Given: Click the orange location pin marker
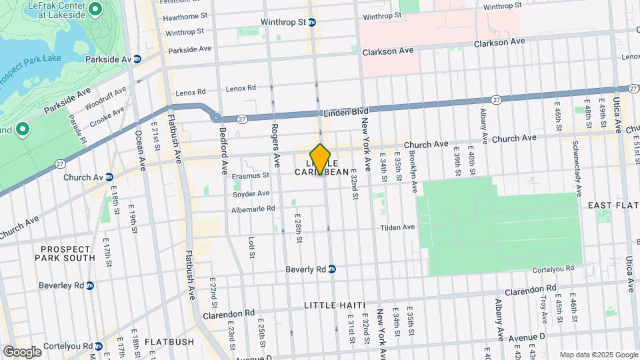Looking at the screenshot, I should pyautogui.click(x=320, y=159).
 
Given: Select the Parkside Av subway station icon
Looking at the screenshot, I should pyautogui.click(x=137, y=59).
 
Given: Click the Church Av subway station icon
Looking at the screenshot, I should pyautogui.click(x=109, y=177).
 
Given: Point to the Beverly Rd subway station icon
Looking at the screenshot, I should pyautogui.click(x=331, y=269).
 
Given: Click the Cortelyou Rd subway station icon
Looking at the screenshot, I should pyautogui.click(x=99, y=346).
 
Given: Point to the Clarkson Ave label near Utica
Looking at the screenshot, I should pyautogui.click(x=499, y=43).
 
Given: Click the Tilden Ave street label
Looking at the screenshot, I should pyautogui.click(x=397, y=227).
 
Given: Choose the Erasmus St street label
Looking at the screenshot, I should pyautogui.click(x=251, y=176).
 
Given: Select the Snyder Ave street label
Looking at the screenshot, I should pyautogui.click(x=251, y=193).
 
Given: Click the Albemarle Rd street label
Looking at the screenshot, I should pyautogui.click(x=253, y=209).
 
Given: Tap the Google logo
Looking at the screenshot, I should pyautogui.click(x=22, y=351).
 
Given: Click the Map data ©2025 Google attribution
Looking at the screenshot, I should pyautogui.click(x=598, y=355).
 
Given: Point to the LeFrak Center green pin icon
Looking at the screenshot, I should pyautogui.click(x=95, y=9).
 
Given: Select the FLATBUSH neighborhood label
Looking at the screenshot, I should pyautogui.click(x=169, y=342).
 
